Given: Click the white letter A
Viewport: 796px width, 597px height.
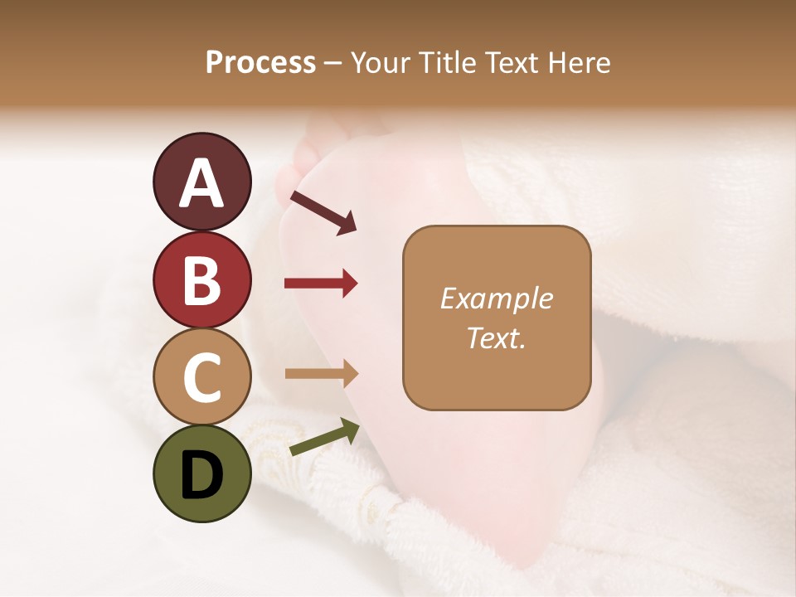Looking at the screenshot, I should [201, 183].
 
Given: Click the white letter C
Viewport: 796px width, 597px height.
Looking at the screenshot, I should [201, 377].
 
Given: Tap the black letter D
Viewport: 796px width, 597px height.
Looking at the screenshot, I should [201, 476].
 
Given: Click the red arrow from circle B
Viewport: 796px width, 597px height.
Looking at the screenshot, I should [321, 284].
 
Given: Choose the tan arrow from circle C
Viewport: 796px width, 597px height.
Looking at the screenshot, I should [321, 374].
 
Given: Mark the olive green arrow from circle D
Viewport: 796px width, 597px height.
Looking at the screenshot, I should [324, 438].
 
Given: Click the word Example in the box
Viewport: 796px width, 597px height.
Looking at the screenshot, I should [497, 298].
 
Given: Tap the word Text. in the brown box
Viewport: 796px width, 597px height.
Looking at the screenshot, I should [497, 337].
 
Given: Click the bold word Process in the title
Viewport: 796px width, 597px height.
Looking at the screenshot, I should [260, 63].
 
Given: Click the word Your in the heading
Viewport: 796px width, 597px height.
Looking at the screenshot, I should [376, 63].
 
